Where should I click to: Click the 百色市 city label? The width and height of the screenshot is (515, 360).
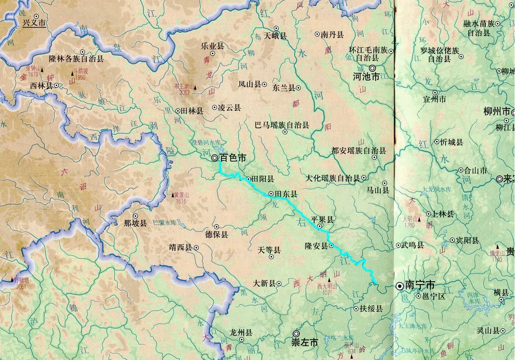tap(233, 158)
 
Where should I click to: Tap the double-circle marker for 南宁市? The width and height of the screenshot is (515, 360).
tap(399, 286)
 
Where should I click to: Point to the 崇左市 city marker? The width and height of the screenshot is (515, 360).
tap(296, 333)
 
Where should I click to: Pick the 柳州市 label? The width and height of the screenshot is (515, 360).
tap(493, 112)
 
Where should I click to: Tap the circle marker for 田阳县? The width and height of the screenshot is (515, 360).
tap(249, 178)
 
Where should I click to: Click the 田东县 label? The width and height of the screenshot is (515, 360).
tap(286, 194)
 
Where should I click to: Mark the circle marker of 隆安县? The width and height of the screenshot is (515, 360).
tap(332, 245)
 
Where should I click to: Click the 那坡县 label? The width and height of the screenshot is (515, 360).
tap(135, 224)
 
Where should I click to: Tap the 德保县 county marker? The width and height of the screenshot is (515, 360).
tap(217, 226)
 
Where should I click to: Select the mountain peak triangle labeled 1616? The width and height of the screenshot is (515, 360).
tap(175, 195)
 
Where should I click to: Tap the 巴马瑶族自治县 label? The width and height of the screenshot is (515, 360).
tap(281, 125)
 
